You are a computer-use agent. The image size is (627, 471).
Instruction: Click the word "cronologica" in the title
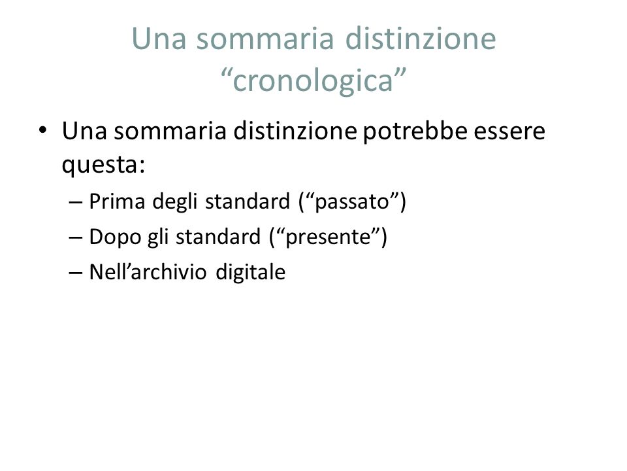(x=313, y=80)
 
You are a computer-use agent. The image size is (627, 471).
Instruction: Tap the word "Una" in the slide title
(x=159, y=39)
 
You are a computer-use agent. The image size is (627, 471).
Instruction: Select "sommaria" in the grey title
(x=265, y=39)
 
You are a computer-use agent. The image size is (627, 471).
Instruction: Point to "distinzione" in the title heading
(x=420, y=39)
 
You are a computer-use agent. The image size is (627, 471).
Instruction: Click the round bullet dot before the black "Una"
(x=43, y=130)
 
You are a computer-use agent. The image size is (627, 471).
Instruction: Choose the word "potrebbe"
(x=415, y=131)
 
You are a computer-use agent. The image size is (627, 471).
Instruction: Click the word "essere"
(x=509, y=131)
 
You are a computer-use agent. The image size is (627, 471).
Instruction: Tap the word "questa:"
(x=103, y=165)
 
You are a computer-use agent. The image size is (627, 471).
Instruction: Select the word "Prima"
(x=117, y=201)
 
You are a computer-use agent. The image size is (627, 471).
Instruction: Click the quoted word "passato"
(x=352, y=201)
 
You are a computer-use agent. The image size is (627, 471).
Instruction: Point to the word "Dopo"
(x=115, y=237)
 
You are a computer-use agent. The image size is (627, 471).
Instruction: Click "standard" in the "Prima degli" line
(x=248, y=201)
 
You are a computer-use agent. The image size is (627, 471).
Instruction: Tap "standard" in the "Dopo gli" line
(x=218, y=236)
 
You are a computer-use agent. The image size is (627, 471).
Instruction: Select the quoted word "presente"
(x=328, y=237)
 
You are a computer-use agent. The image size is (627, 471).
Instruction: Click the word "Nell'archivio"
(x=148, y=271)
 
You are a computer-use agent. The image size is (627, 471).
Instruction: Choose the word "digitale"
(x=250, y=272)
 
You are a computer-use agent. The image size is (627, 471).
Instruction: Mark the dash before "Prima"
(x=76, y=202)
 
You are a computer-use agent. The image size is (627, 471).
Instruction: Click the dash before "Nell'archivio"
(x=76, y=273)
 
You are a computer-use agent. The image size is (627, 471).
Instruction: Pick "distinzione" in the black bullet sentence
(x=295, y=131)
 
